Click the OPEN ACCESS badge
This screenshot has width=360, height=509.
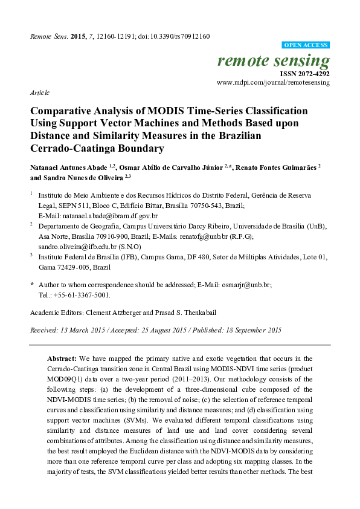point(306,45)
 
